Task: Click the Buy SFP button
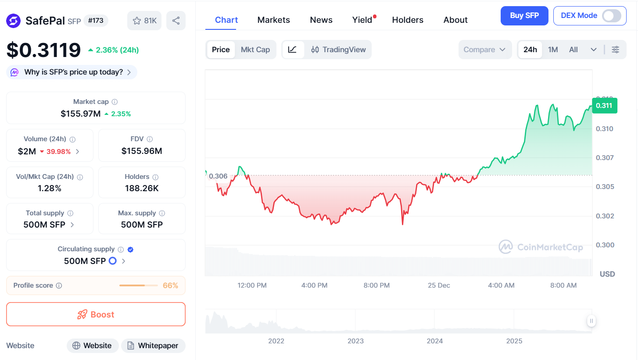524,16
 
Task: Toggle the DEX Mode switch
611,16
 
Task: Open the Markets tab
273,20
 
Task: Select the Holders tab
408,20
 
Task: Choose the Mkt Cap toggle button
255,50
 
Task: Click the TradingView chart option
338,50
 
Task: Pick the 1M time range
553,50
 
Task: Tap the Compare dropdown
484,50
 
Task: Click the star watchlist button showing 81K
144,21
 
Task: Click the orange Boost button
96,314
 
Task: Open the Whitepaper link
153,346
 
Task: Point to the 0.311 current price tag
604,106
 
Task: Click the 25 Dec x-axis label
439,285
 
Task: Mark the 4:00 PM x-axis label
314,285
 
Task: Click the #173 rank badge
96,21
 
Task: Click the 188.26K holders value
141,189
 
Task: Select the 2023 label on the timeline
355,341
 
